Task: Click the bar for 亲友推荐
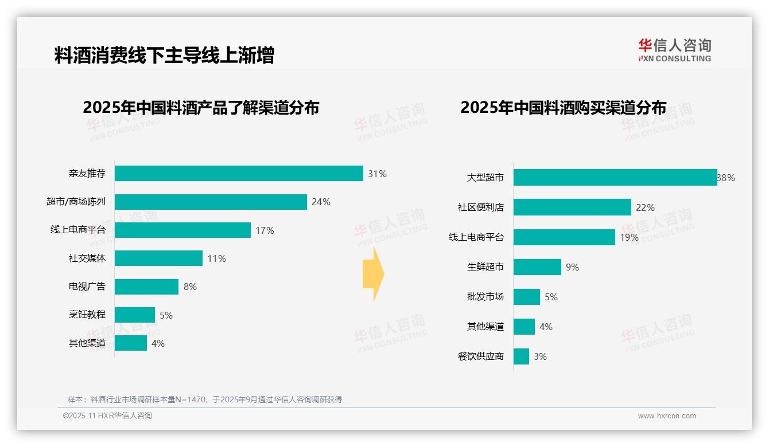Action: pyautogui.click(x=239, y=174)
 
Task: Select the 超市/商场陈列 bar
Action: pyautogui.click(x=211, y=202)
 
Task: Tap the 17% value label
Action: pyautogui.click(x=265, y=230)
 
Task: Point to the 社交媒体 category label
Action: pyautogui.click(x=87, y=258)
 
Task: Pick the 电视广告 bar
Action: pyautogui.click(x=147, y=287)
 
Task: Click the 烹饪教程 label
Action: pyautogui.click(x=87, y=315)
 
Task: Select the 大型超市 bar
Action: pyautogui.click(x=615, y=178)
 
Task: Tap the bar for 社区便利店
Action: pyautogui.click(x=572, y=207)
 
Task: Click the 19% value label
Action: pyautogui.click(x=629, y=237)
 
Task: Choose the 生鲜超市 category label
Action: pyautogui.click(x=486, y=267)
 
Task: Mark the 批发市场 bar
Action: pyautogui.click(x=527, y=297)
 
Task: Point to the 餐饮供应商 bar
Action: pyautogui.click(x=521, y=356)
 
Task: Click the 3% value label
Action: pyautogui.click(x=540, y=356)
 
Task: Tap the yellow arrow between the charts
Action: pyautogui.click(x=374, y=275)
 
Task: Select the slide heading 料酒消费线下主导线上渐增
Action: pyautogui.click(x=164, y=56)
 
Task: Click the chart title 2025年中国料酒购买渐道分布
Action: pyautogui.click(x=563, y=108)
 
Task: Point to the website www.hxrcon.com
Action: pyautogui.click(x=667, y=416)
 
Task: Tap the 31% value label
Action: pyautogui.click(x=378, y=174)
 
